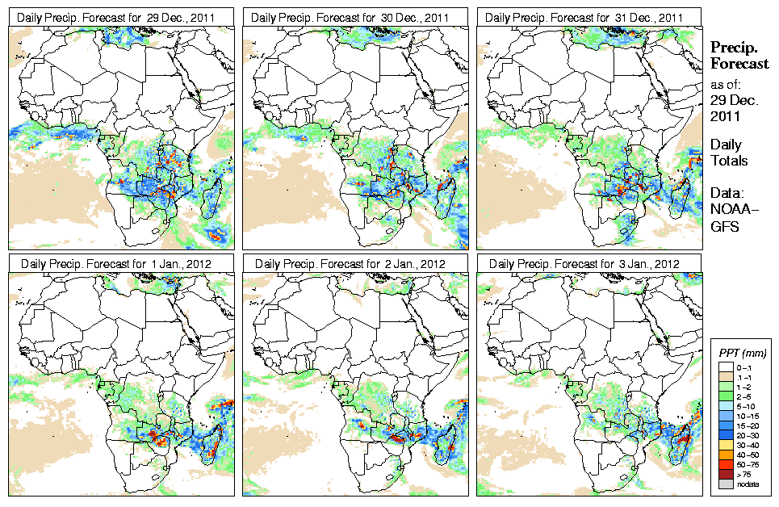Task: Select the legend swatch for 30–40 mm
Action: point(725,445)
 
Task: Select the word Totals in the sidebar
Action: point(729,161)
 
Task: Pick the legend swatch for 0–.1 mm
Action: point(725,366)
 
